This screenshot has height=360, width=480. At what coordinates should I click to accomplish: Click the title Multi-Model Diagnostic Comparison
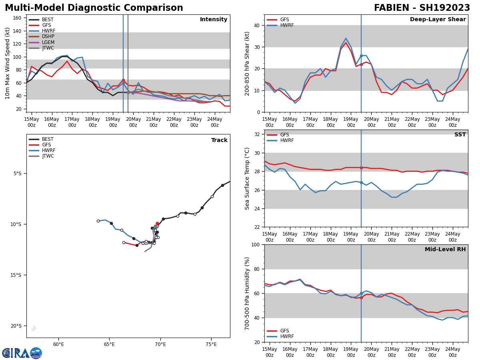[x=94, y=8]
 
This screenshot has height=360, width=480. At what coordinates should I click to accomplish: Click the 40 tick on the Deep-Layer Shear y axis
[x=256, y=25]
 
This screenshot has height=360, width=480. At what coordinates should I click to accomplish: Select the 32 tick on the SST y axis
[x=256, y=134]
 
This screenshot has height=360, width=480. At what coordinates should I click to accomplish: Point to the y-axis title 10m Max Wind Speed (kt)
[x=8, y=63]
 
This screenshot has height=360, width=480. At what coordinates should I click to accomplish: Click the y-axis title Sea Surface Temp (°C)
[x=248, y=178]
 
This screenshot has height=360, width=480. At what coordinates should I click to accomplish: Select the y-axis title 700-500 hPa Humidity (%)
[x=248, y=293]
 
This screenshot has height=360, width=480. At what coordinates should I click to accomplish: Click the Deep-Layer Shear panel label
[x=438, y=20]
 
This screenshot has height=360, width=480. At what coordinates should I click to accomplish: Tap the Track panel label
[x=219, y=140]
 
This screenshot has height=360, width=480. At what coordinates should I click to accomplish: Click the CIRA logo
[x=22, y=353]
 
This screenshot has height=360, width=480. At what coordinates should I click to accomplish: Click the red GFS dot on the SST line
[x=361, y=168]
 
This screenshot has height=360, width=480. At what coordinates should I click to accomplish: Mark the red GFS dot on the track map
[x=157, y=224]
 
